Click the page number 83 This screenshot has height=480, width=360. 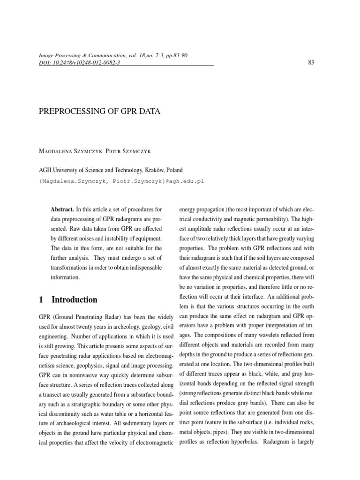tap(310, 63)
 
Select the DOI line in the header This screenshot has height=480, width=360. tap(79, 63)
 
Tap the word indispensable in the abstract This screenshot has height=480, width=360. tap(143, 267)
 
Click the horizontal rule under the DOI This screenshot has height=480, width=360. tap(126, 67)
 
